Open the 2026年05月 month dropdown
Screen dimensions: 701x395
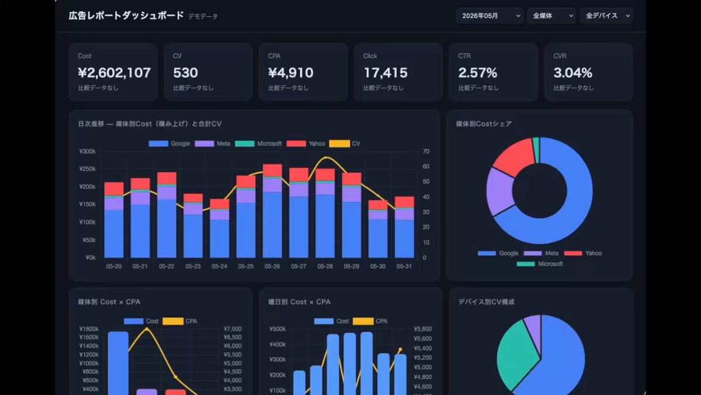[490, 16]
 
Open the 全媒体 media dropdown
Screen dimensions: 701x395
[551, 16]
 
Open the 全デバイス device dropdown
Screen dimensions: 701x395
[606, 16]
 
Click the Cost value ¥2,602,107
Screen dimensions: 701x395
[114, 73]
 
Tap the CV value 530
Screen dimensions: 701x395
[186, 73]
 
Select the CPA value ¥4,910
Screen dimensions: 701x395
[291, 73]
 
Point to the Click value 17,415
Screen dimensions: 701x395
[386, 73]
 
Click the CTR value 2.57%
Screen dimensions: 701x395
[478, 73]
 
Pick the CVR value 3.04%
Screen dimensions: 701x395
[573, 73]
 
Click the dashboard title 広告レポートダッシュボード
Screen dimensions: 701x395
[126, 16]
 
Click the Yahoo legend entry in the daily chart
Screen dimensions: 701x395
[306, 143]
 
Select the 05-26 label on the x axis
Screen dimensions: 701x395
[272, 266]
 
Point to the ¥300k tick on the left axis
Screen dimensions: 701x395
[87, 152]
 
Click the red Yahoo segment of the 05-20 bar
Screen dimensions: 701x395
[114, 188]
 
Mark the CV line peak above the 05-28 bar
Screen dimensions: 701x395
[326, 157]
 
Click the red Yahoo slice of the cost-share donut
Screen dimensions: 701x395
[514, 156]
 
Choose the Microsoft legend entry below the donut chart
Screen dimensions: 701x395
[540, 264]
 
